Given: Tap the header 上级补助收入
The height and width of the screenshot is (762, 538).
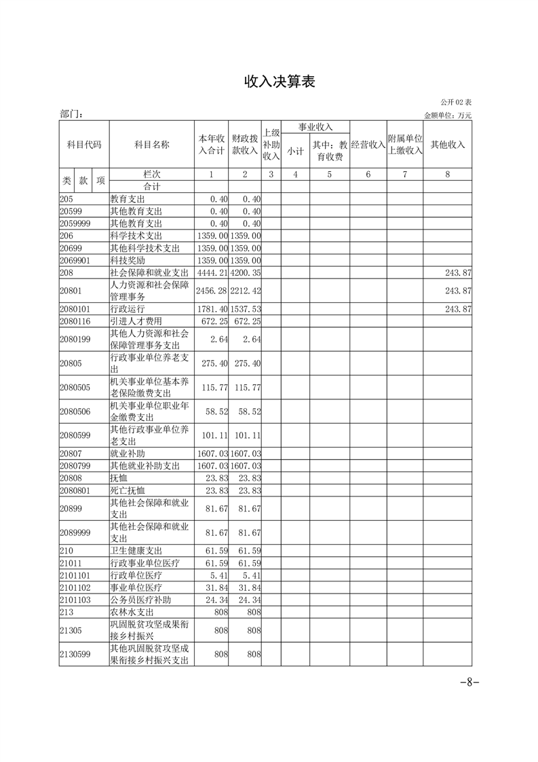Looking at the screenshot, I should click(271, 145).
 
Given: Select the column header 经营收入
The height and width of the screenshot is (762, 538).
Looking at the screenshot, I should click(368, 145).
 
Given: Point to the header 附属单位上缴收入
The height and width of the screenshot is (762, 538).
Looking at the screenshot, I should click(404, 145).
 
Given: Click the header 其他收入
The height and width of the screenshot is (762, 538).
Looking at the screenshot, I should click(448, 145).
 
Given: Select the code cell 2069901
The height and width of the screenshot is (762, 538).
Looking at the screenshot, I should click(75, 260).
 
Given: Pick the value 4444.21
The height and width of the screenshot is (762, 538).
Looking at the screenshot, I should click(211, 272).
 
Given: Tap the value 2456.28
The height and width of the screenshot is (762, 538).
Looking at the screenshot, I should click(211, 291).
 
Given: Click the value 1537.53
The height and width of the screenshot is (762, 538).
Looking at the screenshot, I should click(245, 309).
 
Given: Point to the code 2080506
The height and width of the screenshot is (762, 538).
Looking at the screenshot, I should click(75, 412).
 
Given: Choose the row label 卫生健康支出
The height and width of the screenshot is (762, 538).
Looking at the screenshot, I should click(136, 550).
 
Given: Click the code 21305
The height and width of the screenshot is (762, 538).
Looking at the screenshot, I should click(71, 630).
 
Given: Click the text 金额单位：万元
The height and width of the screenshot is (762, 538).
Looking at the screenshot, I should click(448, 115).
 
